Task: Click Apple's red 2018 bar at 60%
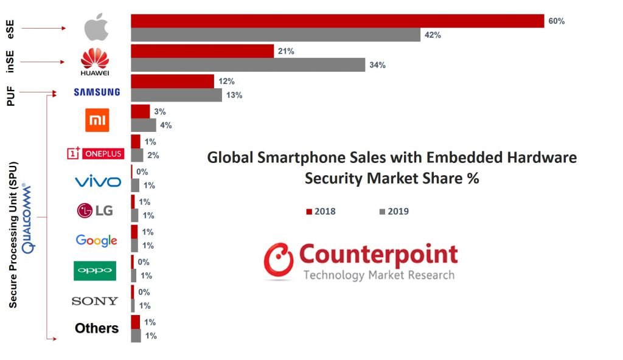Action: click(x=337, y=21)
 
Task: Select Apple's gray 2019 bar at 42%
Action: click(x=276, y=35)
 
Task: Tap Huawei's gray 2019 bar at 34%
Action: click(x=248, y=65)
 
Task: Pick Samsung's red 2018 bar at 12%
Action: click(x=172, y=81)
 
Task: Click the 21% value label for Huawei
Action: click(x=286, y=51)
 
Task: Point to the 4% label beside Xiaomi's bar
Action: click(x=166, y=125)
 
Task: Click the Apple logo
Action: click(x=96, y=28)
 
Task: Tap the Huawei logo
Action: click(x=95, y=62)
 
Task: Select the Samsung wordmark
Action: click(x=97, y=92)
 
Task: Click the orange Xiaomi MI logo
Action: click(x=97, y=120)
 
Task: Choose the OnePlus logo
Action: click(x=95, y=153)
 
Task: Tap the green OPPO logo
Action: click(x=95, y=270)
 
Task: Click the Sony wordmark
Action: click(x=95, y=300)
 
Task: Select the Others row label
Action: click(x=97, y=328)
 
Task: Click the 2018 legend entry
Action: click(x=321, y=212)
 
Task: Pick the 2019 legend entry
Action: click(x=394, y=212)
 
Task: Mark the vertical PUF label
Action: click(x=10, y=95)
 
